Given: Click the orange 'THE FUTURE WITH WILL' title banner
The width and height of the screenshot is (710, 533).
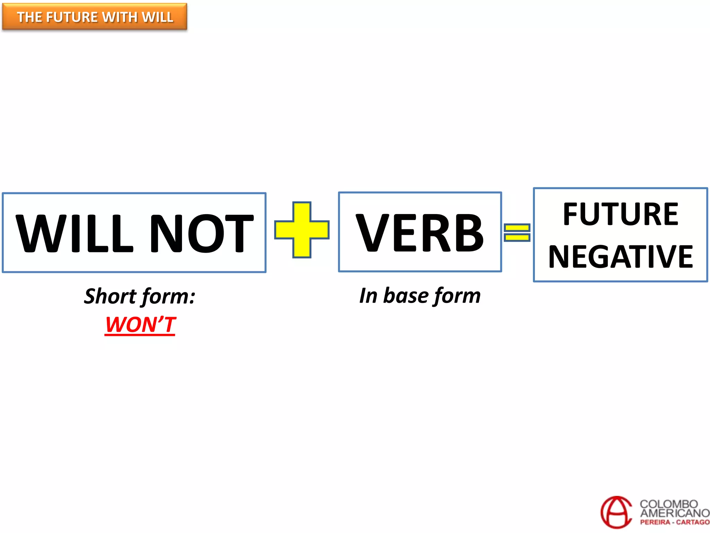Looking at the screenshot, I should click(x=95, y=17).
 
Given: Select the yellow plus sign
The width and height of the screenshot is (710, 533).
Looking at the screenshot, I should click(x=302, y=230).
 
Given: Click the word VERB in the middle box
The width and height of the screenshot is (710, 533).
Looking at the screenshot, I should click(x=420, y=232).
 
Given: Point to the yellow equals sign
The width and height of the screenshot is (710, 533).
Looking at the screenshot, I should click(x=517, y=232).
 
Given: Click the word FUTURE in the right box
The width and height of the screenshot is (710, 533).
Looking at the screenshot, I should click(x=621, y=214).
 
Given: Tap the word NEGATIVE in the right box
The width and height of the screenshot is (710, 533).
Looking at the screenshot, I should click(x=621, y=257).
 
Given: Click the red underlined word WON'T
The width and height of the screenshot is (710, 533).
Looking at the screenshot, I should click(x=140, y=325).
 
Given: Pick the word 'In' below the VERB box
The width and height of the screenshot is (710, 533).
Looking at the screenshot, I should click(x=368, y=296).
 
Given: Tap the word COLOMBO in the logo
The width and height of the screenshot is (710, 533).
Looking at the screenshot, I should click(x=668, y=504).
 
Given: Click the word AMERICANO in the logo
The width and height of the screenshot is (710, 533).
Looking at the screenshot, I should click(x=675, y=513).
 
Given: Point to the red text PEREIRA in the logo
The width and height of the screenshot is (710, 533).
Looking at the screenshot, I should click(x=655, y=522).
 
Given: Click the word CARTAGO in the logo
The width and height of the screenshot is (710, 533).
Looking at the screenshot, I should click(x=693, y=522).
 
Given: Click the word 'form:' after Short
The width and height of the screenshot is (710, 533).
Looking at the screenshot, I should click(x=168, y=297).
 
